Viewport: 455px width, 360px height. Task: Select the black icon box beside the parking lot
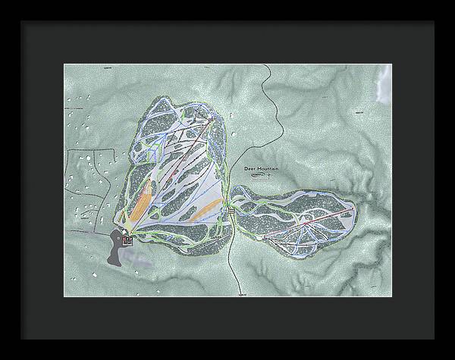(127, 241)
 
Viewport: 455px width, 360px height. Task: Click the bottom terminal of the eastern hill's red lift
(263, 236)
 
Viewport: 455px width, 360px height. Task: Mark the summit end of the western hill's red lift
(211, 119)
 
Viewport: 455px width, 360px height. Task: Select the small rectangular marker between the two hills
(231, 214)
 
